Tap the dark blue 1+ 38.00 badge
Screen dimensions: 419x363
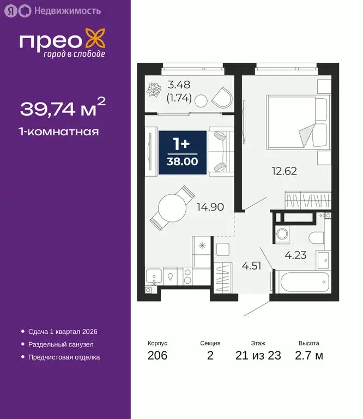(182, 153)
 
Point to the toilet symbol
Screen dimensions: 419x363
(315, 237)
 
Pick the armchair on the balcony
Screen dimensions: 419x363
(221, 98)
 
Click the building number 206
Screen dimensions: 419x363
(158, 356)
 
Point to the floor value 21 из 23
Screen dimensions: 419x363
(258, 356)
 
